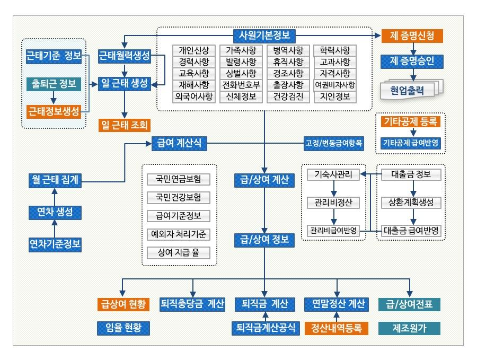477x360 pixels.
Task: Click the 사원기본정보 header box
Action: [x=264, y=36]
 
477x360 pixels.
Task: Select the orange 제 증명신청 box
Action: [x=412, y=36]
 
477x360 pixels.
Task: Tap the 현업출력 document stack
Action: [x=411, y=90]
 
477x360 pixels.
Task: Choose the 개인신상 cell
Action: [x=194, y=50]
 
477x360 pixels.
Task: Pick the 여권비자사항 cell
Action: [x=335, y=85]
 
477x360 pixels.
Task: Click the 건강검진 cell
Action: [x=288, y=97]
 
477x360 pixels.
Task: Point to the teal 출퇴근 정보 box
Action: [x=54, y=84]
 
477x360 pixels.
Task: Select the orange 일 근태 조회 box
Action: [x=125, y=125]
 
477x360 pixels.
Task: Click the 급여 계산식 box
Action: [x=179, y=143]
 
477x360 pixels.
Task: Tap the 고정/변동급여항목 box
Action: [x=334, y=143]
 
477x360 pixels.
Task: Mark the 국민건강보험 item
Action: [x=179, y=198]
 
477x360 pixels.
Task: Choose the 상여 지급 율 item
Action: [x=179, y=252]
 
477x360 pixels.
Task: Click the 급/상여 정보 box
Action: [x=264, y=240]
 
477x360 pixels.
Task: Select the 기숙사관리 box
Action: [x=333, y=174]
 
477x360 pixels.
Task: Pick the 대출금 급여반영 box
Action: [x=411, y=230]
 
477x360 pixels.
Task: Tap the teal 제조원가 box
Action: [x=410, y=328]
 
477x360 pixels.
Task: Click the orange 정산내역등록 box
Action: [x=337, y=328]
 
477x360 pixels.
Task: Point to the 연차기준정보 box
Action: [x=55, y=244]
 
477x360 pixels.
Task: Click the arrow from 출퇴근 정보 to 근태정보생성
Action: [x=54, y=98]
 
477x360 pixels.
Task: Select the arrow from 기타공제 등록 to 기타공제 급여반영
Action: [x=413, y=133]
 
